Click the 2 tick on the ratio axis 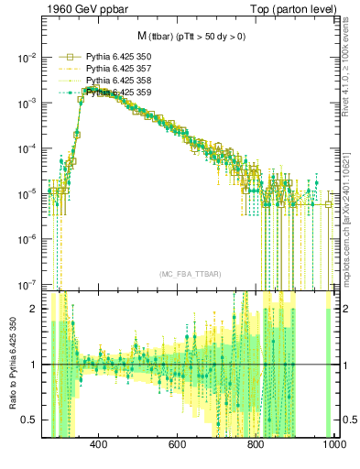[34, 309]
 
